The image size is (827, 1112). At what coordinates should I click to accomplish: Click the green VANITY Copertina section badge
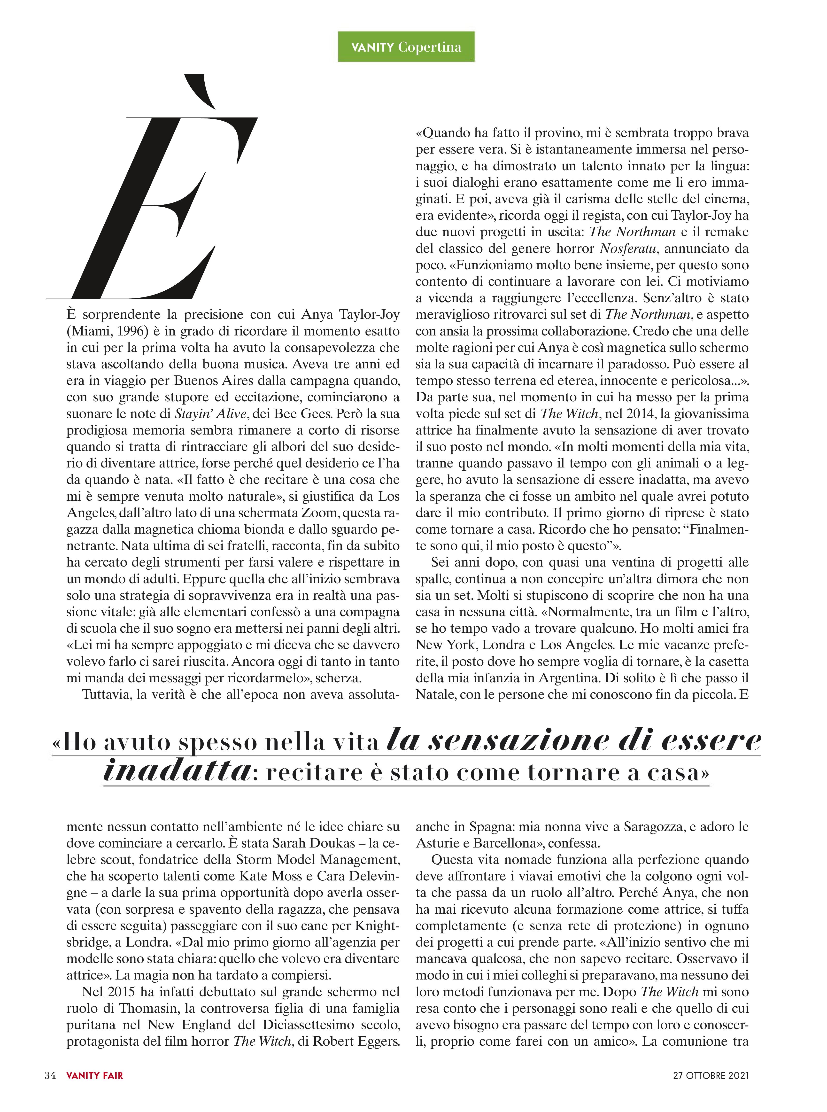[x=406, y=47]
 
